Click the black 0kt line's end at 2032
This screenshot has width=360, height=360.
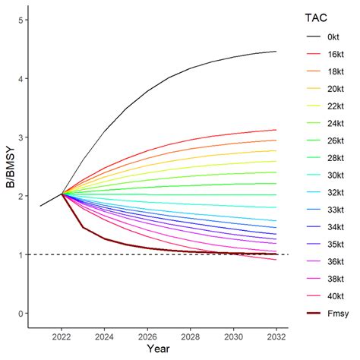click(x=276, y=52)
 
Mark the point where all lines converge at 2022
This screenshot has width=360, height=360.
click(x=62, y=194)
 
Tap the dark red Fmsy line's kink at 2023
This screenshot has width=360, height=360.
click(x=84, y=227)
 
